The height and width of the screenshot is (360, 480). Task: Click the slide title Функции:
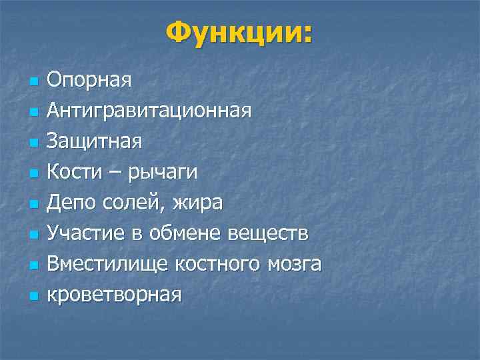pos(239,32)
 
